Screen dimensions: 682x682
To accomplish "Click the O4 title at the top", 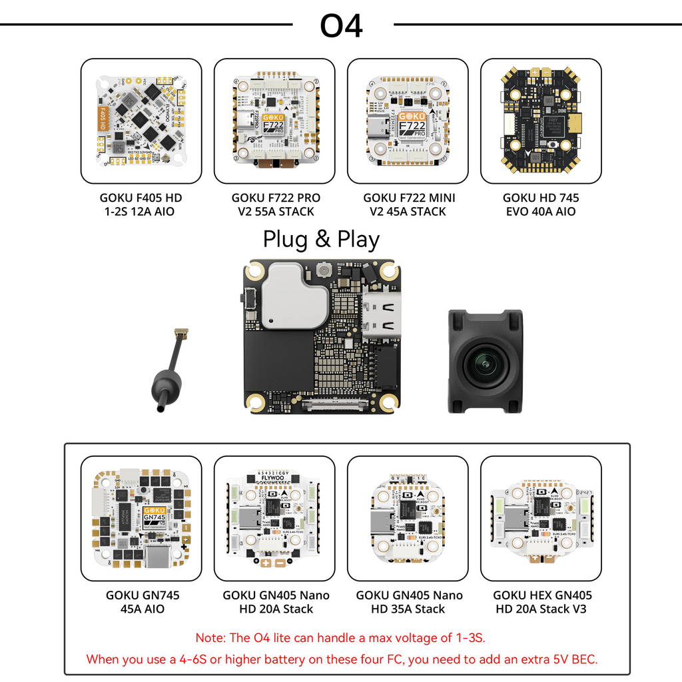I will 341,25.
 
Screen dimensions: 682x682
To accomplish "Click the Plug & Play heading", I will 321,239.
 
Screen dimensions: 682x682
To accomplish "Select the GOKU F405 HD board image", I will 141,121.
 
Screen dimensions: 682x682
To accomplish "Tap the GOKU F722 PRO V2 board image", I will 274,121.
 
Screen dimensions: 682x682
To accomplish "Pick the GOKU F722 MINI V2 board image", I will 408,121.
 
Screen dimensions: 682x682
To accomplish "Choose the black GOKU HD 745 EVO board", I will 541,121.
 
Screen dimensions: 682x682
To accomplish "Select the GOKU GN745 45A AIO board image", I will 141,517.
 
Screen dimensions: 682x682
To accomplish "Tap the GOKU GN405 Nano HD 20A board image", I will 274,517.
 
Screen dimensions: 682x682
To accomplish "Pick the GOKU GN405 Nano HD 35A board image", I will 408,517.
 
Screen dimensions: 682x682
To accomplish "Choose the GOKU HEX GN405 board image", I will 541,517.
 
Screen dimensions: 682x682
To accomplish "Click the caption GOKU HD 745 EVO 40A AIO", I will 541,204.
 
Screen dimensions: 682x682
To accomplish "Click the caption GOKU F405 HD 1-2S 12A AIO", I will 141,204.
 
